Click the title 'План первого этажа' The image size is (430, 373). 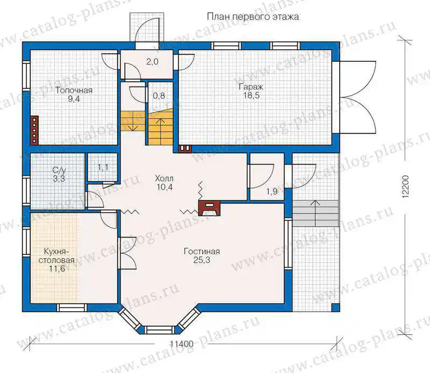[x=253, y=17]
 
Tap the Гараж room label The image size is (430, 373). [x=251, y=87]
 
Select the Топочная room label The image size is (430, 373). [x=74, y=90]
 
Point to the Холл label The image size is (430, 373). [x=164, y=178]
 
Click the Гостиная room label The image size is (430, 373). [x=202, y=251]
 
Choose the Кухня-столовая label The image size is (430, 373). [x=57, y=256]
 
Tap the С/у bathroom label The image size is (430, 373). [x=59, y=170]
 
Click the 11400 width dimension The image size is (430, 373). [x=182, y=344]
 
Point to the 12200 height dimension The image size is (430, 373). [x=406, y=186]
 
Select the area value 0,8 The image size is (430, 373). [x=159, y=96]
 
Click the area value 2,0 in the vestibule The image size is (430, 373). [x=152, y=62]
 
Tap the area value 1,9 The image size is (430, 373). [x=272, y=191]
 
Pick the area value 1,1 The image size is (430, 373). [x=103, y=167]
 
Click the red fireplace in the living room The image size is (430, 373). [x=209, y=209]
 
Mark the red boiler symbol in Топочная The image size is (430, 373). [x=34, y=130]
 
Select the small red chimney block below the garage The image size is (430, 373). [x=185, y=148]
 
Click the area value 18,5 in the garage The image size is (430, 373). [x=251, y=96]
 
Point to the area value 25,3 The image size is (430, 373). [x=202, y=260]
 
